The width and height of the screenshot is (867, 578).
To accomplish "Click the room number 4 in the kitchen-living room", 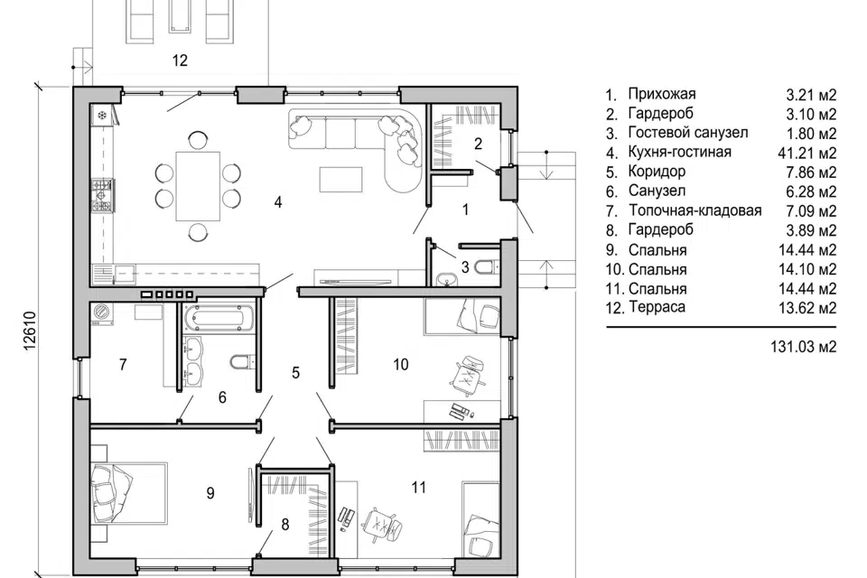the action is coord(278,202).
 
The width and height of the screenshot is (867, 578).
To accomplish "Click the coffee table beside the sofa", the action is coord(341,179).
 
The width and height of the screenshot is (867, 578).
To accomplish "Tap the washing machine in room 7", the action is coord(102,314).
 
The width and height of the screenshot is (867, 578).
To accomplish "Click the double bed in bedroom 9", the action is coord(129,493).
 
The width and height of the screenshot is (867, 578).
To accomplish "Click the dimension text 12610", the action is coord(29,331).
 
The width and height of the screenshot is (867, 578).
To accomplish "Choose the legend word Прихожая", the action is coord(662,94).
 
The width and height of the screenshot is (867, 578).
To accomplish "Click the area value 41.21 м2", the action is coord(807,153).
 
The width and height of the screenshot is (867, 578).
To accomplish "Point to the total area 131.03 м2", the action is coord(804,347).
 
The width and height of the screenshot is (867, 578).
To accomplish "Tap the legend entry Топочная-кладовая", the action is coord(695,210).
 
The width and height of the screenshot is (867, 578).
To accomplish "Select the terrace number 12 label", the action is coord(180,61).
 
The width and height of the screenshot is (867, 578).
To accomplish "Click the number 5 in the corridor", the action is coord(296,373).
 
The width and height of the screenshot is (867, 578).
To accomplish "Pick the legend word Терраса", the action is coord(657,307).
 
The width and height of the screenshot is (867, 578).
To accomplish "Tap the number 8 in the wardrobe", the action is coord(285,525).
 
